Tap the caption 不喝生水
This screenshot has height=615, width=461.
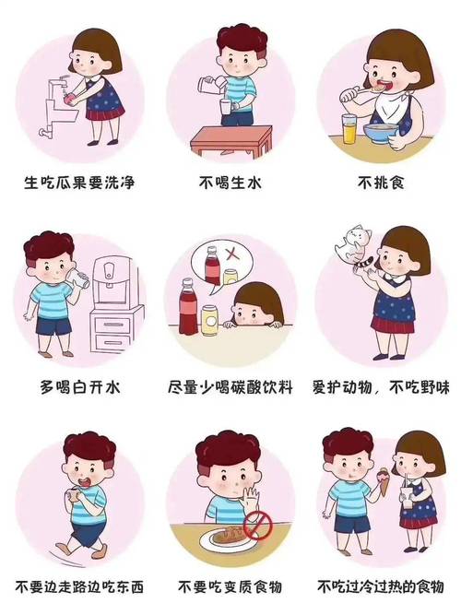tap(230, 182)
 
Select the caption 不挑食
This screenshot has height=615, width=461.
tap(381, 182)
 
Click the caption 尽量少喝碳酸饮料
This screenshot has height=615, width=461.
tap(230, 384)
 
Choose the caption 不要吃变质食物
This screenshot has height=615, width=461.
tap(230, 586)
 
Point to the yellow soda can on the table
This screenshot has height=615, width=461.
tap(209, 318)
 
